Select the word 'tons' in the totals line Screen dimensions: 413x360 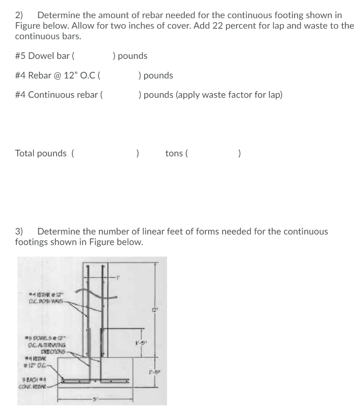[174, 153]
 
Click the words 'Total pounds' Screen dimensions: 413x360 [41, 153]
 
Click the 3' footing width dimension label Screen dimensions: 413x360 [94, 398]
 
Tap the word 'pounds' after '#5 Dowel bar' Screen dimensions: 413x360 [133, 56]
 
